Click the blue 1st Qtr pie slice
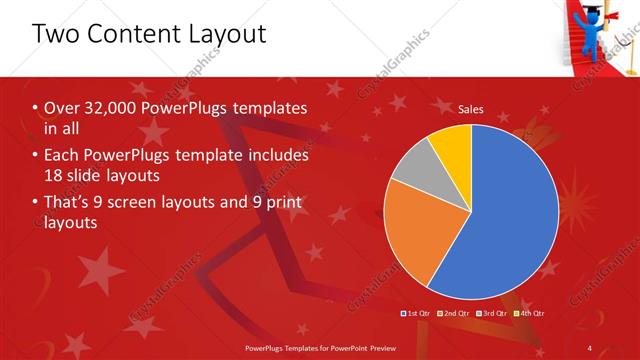pos(505,215)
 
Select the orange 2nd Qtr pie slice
pos(415,230)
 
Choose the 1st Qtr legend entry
pos(415,313)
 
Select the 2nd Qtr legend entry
pos(453,313)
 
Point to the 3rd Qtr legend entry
pos(491,313)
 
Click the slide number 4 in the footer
pos(590,348)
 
